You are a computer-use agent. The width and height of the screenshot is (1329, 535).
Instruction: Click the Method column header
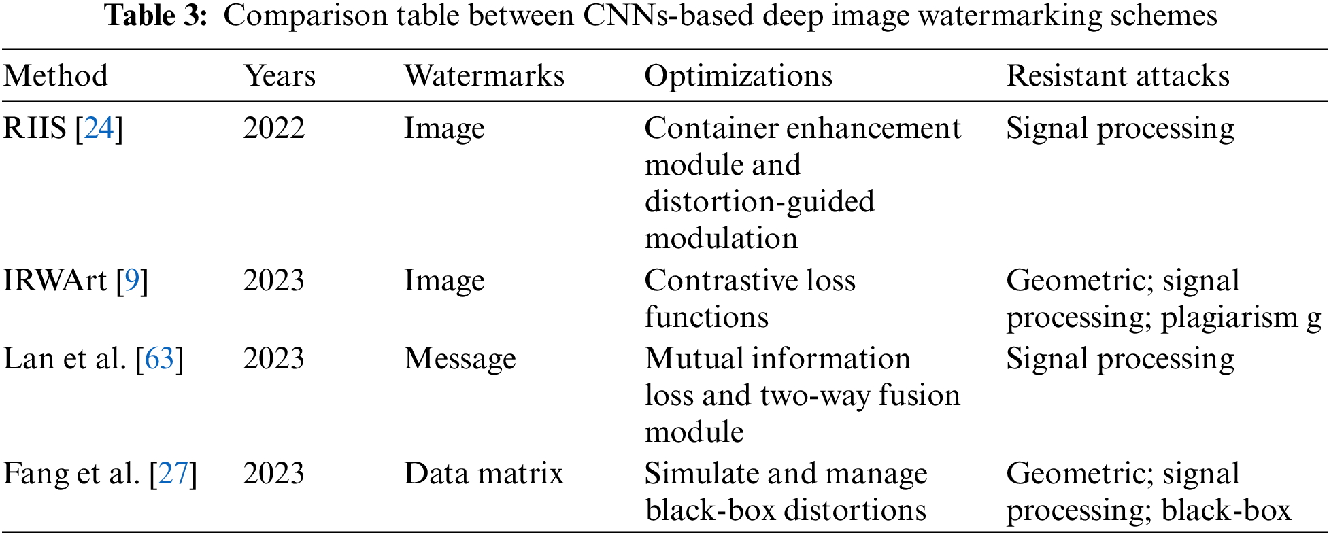(x=56, y=75)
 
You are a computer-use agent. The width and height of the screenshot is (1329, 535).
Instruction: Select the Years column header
(x=280, y=75)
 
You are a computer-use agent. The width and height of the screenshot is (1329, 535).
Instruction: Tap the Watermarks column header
(x=484, y=75)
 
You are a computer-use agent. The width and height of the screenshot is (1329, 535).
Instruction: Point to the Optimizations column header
(x=738, y=75)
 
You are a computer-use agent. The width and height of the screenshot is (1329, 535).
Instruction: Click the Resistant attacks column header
(x=1117, y=75)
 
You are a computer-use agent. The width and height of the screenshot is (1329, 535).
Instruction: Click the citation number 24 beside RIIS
(x=99, y=128)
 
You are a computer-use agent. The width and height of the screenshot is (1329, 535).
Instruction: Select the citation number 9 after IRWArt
(x=132, y=280)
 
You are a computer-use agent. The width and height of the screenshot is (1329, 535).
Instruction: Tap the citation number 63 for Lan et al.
(x=160, y=358)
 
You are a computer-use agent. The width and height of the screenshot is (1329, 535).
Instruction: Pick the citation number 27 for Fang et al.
(x=173, y=473)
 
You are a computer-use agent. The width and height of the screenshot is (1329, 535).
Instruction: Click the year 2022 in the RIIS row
(x=274, y=128)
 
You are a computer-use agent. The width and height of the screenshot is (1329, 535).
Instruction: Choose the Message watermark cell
(x=460, y=358)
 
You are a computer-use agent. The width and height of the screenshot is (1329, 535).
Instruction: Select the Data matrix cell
(x=484, y=473)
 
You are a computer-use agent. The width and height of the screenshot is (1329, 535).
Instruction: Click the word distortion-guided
(x=759, y=201)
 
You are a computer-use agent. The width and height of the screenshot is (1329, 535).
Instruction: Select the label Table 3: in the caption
(x=156, y=16)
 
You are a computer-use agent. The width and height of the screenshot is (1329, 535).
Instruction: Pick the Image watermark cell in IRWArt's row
(x=444, y=280)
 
